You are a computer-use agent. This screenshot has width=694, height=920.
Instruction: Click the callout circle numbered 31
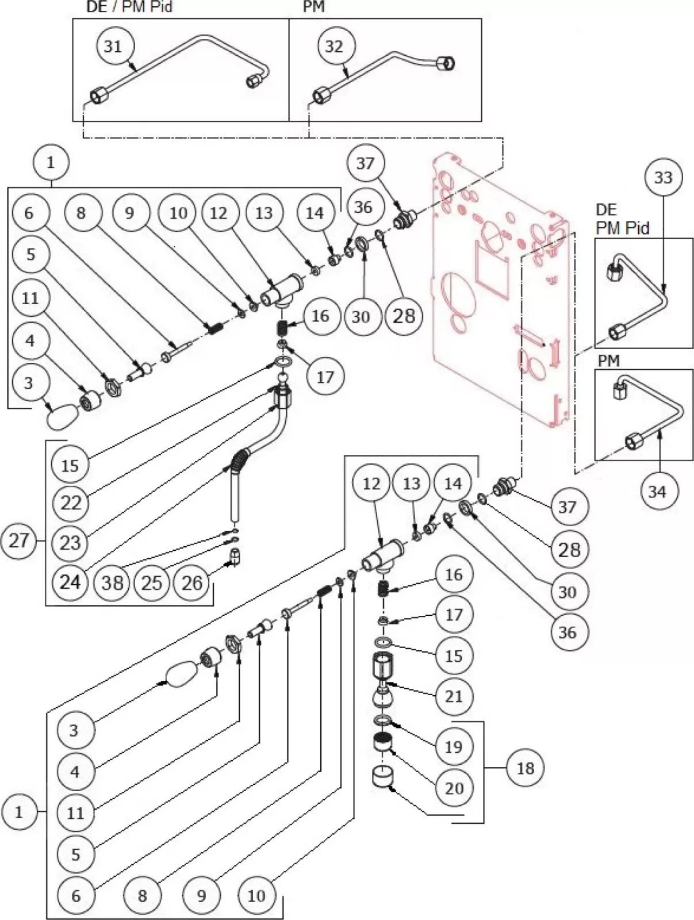pyautogui.click(x=113, y=45)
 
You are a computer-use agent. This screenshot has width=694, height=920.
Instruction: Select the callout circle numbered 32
pyautogui.click(x=334, y=45)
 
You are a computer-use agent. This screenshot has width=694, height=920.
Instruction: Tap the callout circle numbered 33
pyautogui.click(x=663, y=177)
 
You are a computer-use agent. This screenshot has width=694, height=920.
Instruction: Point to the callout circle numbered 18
pyautogui.click(x=526, y=768)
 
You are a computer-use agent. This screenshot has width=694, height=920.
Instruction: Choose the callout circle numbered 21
pyautogui.click(x=454, y=696)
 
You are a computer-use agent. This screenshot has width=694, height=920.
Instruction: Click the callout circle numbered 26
pyautogui.click(x=192, y=582)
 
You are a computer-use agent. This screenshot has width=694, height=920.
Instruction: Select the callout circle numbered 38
pyautogui.click(x=113, y=582)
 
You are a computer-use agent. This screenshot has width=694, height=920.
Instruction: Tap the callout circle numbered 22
pyautogui.click(x=70, y=503)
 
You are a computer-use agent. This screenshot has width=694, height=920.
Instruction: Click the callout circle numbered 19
pyautogui.click(x=454, y=746)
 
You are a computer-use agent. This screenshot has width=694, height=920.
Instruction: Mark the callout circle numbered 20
pyautogui.click(x=454, y=787)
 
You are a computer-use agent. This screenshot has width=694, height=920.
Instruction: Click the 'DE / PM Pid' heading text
pyautogui.click(x=125, y=7)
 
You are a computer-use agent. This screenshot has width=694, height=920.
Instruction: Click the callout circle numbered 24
pyautogui.click(x=70, y=581)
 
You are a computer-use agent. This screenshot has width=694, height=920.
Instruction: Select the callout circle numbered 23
pyautogui.click(x=70, y=542)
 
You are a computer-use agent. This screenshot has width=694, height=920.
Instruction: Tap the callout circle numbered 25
pyautogui.click(x=152, y=582)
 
